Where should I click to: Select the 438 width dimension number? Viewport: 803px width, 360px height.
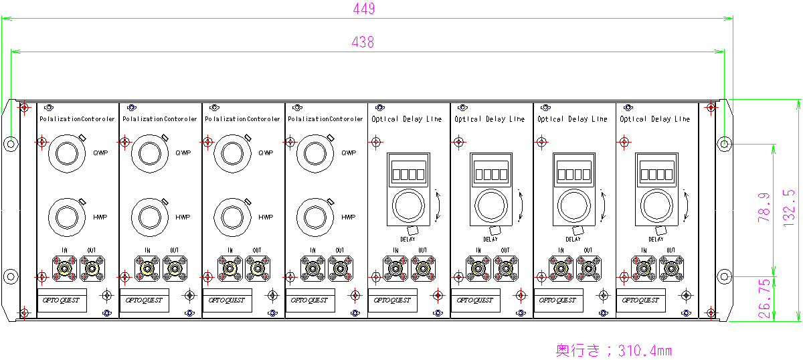coord(363,41)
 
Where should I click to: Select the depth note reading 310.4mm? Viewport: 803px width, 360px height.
coord(614,350)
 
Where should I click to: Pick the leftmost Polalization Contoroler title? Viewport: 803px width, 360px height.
coord(77,119)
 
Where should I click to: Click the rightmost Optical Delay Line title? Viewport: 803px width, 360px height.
coord(655,119)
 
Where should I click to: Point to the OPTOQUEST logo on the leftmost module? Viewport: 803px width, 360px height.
coord(61,300)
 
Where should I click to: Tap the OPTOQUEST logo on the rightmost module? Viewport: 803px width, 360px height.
coord(640,300)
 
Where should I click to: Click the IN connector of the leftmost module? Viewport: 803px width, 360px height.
coord(65,268)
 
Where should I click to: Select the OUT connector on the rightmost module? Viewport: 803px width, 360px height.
coord(671,268)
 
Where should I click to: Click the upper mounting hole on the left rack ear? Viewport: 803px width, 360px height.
coord(11,143)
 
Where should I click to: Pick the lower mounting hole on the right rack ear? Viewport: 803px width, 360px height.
coord(725,275)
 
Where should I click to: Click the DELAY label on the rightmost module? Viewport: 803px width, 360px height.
coord(656,239)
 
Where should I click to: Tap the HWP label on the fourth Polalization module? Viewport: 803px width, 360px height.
coord(349,217)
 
